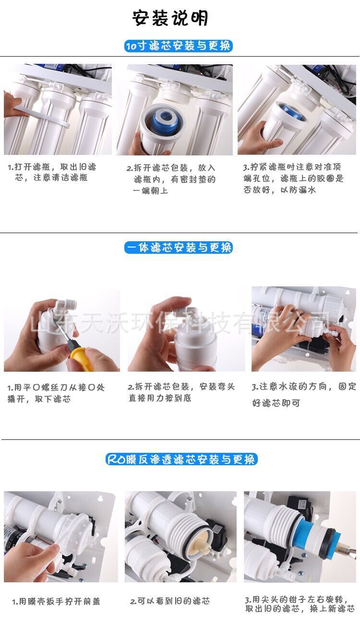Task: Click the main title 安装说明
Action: pyautogui.click(x=170, y=18)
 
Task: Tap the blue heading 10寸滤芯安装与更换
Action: pyautogui.click(x=179, y=46)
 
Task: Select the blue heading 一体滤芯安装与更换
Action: pyautogui.click(x=179, y=248)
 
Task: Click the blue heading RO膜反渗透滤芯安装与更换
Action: pyautogui.click(x=181, y=459)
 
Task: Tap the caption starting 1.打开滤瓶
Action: pyautogui.click(x=52, y=172)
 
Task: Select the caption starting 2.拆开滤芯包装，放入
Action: pyautogui.click(x=171, y=179)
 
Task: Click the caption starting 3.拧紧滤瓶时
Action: pyautogui.click(x=293, y=178)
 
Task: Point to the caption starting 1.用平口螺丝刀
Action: pyautogui.click(x=56, y=393)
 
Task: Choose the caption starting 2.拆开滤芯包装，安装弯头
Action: pyautogui.click(x=181, y=392)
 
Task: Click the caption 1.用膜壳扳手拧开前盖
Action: pyautogui.click(x=56, y=602)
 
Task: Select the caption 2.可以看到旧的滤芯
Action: pyautogui.click(x=170, y=601)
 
